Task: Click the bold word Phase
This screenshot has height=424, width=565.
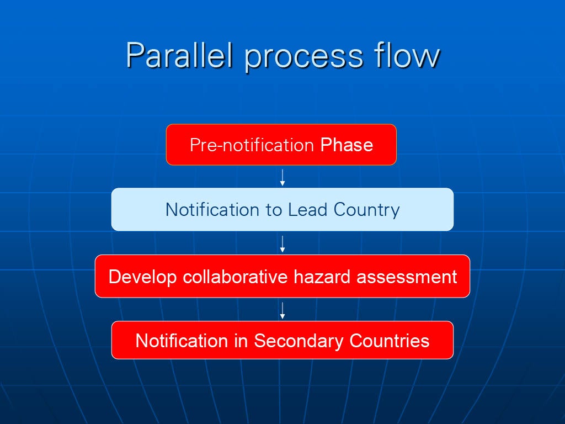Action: pyautogui.click(x=347, y=145)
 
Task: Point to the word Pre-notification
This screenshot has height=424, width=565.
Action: pyautogui.click(x=252, y=145)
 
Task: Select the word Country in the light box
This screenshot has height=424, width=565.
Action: pyautogui.click(x=366, y=210)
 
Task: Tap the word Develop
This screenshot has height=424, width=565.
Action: pyautogui.click(x=142, y=277)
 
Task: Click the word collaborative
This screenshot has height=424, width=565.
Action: pyautogui.click(x=235, y=277)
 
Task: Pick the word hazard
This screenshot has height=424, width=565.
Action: pyautogui.click(x=322, y=277)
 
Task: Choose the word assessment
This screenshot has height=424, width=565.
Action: pyautogui.click(x=407, y=277)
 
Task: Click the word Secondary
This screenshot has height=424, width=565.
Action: pyautogui.click(x=299, y=341)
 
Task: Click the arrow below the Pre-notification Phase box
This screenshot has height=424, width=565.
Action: pyautogui.click(x=282, y=177)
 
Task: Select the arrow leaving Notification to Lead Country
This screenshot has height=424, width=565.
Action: pyautogui.click(x=282, y=244)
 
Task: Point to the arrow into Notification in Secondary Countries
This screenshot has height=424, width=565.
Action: pyautogui.click(x=282, y=310)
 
